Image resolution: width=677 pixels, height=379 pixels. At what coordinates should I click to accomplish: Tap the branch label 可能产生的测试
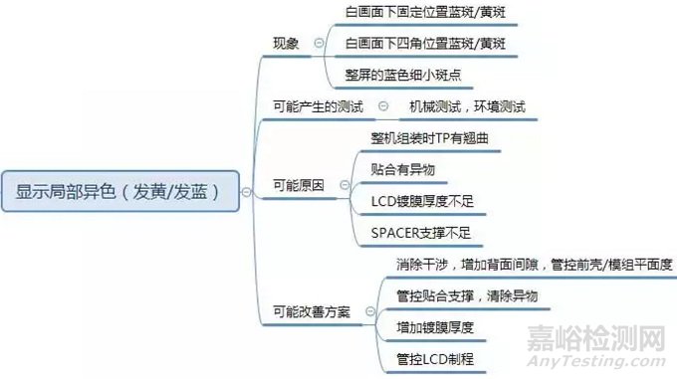pos(317,106)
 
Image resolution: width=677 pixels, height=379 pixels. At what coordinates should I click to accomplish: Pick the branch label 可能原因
pos(298,185)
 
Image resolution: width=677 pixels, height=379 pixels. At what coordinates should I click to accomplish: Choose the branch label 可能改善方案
pos(311,311)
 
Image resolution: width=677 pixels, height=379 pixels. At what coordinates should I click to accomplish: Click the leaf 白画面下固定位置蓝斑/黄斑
pos(425,12)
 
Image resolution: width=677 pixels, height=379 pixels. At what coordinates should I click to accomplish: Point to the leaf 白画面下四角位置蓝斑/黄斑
pos(425,44)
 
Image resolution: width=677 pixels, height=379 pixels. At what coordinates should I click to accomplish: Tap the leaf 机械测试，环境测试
pos(466,106)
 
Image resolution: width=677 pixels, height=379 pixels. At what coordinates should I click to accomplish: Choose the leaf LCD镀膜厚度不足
pos(422,201)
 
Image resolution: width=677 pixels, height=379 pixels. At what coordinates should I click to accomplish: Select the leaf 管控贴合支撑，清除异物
pos(466,295)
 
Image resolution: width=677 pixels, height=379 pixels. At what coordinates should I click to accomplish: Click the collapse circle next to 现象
pos(319,43)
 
